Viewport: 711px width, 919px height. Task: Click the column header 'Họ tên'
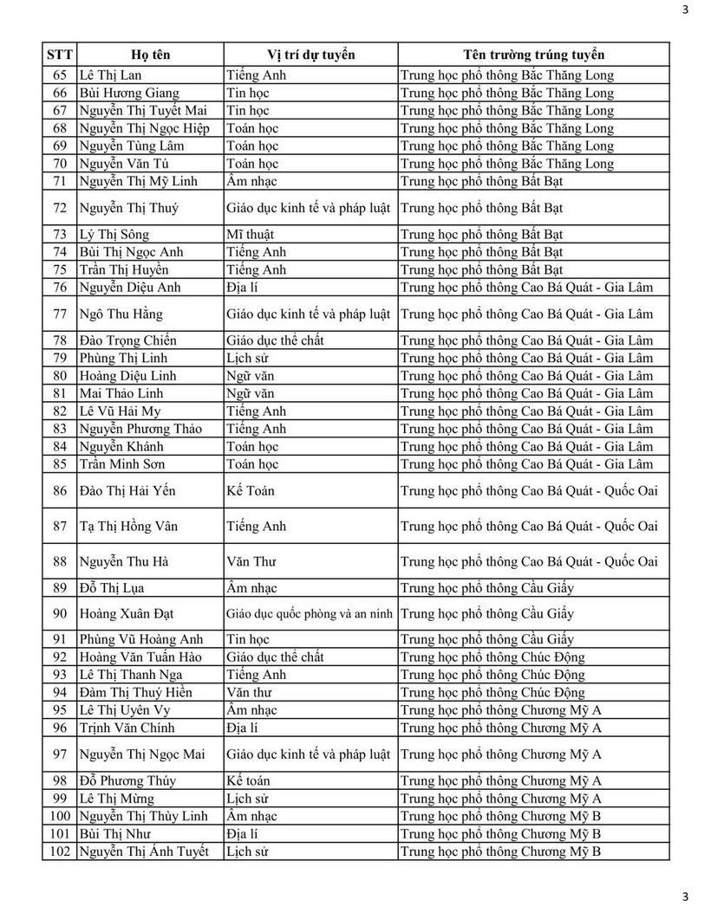[x=150, y=55]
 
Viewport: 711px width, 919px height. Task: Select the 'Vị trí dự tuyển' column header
[x=310, y=55]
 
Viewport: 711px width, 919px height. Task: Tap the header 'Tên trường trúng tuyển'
[x=533, y=55]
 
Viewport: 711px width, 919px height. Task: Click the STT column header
[x=59, y=55]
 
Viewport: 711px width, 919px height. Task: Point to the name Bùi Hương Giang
[x=129, y=93]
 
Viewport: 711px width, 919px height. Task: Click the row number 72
[x=60, y=208]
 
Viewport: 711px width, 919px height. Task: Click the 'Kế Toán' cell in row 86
[x=251, y=491]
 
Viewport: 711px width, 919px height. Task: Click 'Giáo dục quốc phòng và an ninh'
[x=310, y=614]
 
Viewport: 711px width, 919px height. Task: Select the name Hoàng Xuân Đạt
[x=127, y=614]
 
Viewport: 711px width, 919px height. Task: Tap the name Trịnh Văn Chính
[x=127, y=728]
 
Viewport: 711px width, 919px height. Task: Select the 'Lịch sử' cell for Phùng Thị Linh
[x=245, y=358]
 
